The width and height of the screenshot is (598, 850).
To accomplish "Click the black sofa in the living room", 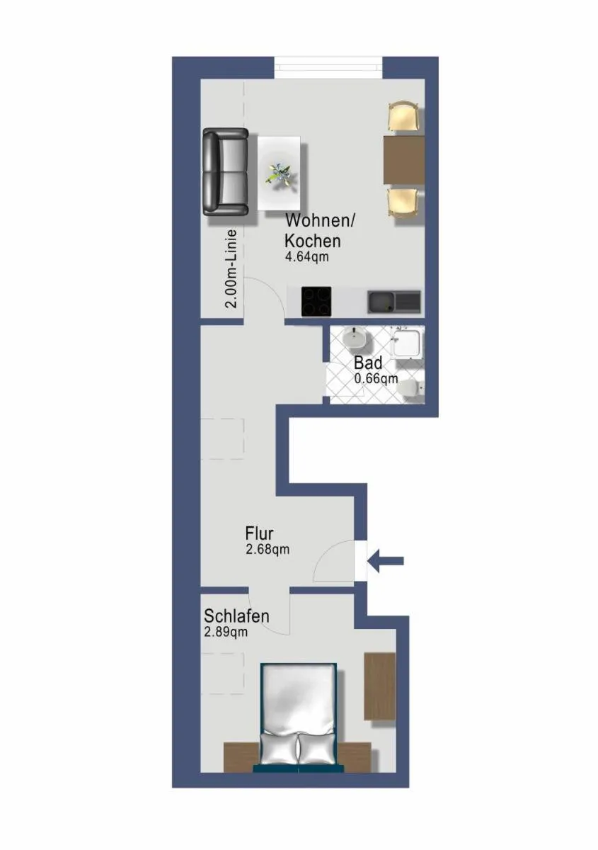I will (x=225, y=171).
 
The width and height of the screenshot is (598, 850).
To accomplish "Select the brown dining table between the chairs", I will (x=403, y=159).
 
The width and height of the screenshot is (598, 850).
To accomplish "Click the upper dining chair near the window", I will (x=403, y=116).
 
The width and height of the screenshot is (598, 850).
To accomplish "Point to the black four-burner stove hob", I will (x=316, y=302).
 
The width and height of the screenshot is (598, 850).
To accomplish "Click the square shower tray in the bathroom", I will (x=409, y=344).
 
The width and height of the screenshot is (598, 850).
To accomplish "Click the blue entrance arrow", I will (x=386, y=561).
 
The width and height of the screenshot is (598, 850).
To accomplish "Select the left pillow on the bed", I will (x=278, y=747).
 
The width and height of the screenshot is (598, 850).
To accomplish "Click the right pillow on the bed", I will (x=316, y=747).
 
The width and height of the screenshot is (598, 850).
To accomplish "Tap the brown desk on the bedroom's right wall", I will (x=379, y=686).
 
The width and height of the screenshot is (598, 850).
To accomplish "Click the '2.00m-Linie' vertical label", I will (x=231, y=269).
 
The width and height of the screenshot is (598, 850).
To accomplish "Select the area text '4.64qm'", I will (x=306, y=257).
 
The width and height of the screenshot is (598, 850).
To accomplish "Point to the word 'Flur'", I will (x=259, y=533).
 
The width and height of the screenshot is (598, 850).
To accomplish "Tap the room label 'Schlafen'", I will (x=236, y=616).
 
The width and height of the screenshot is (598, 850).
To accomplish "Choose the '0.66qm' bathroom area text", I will (x=376, y=378).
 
